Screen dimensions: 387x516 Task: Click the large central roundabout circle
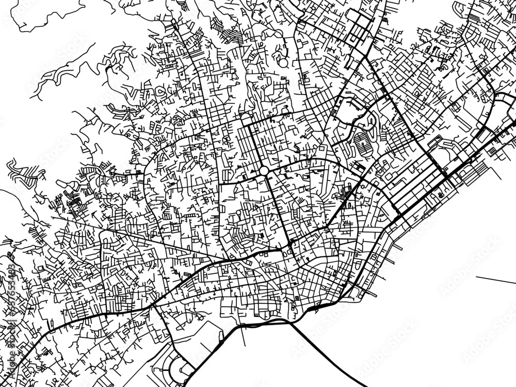click(x=264, y=170)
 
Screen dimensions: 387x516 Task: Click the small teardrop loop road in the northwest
click(x=160, y=92)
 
